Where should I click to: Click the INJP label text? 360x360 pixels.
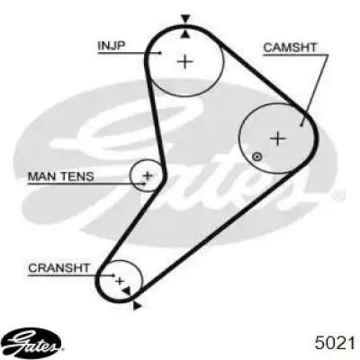[x=112, y=46]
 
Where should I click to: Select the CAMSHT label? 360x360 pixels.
[x=290, y=48]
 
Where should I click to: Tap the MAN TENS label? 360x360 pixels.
[x=61, y=176]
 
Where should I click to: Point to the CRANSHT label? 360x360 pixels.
[x=58, y=267]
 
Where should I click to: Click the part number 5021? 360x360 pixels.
[x=335, y=343]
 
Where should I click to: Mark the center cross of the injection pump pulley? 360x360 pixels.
[x=184, y=62]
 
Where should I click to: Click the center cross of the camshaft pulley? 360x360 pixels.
[x=278, y=139]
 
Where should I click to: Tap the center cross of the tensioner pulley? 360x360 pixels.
[x=148, y=175]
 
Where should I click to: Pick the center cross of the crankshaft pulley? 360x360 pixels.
[x=120, y=281]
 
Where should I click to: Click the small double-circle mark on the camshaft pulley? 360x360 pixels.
[x=257, y=157]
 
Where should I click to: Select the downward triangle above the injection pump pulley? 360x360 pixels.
[x=185, y=19]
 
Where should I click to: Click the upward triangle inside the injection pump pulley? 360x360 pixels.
[x=185, y=34]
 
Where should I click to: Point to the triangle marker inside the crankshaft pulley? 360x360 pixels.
[x=127, y=291]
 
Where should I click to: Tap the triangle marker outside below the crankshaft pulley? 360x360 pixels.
[x=137, y=305]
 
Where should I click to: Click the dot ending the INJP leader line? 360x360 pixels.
[x=160, y=53]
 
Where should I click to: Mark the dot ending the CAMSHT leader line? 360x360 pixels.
[x=301, y=125]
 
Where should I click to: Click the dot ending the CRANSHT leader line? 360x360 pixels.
[x=113, y=274]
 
